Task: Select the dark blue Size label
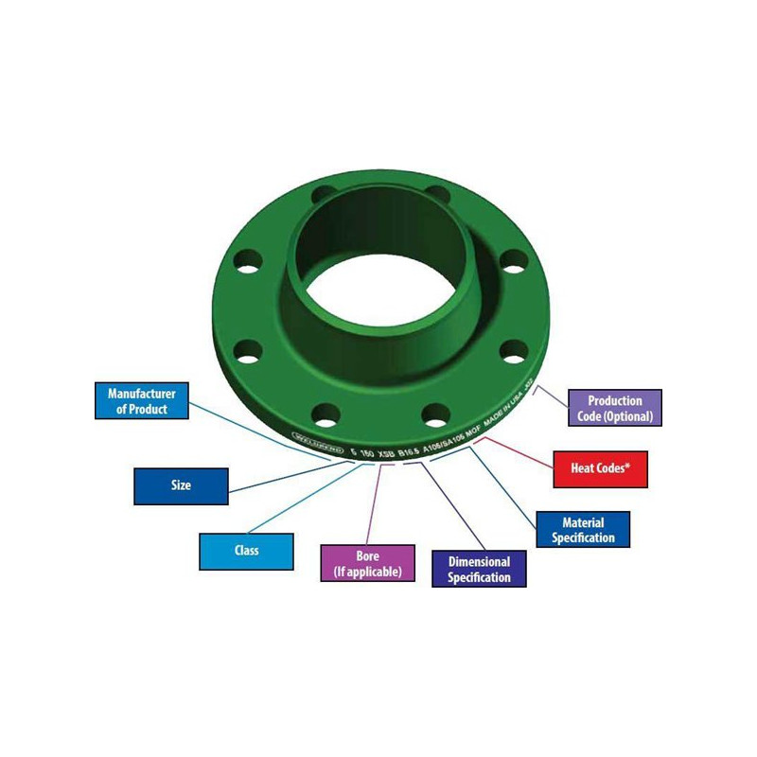pos(181,485)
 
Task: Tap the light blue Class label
pos(246,551)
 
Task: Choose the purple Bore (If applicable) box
pos(367,563)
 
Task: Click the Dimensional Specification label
pos(479,569)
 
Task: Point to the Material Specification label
pos(583,530)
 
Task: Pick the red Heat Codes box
pos(600,468)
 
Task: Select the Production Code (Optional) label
pos(615,408)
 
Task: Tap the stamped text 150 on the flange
pos(365,452)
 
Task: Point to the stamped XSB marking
pos(387,454)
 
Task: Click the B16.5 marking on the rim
pos(410,453)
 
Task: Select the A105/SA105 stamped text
pos(446,448)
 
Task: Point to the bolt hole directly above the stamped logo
pos(326,413)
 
